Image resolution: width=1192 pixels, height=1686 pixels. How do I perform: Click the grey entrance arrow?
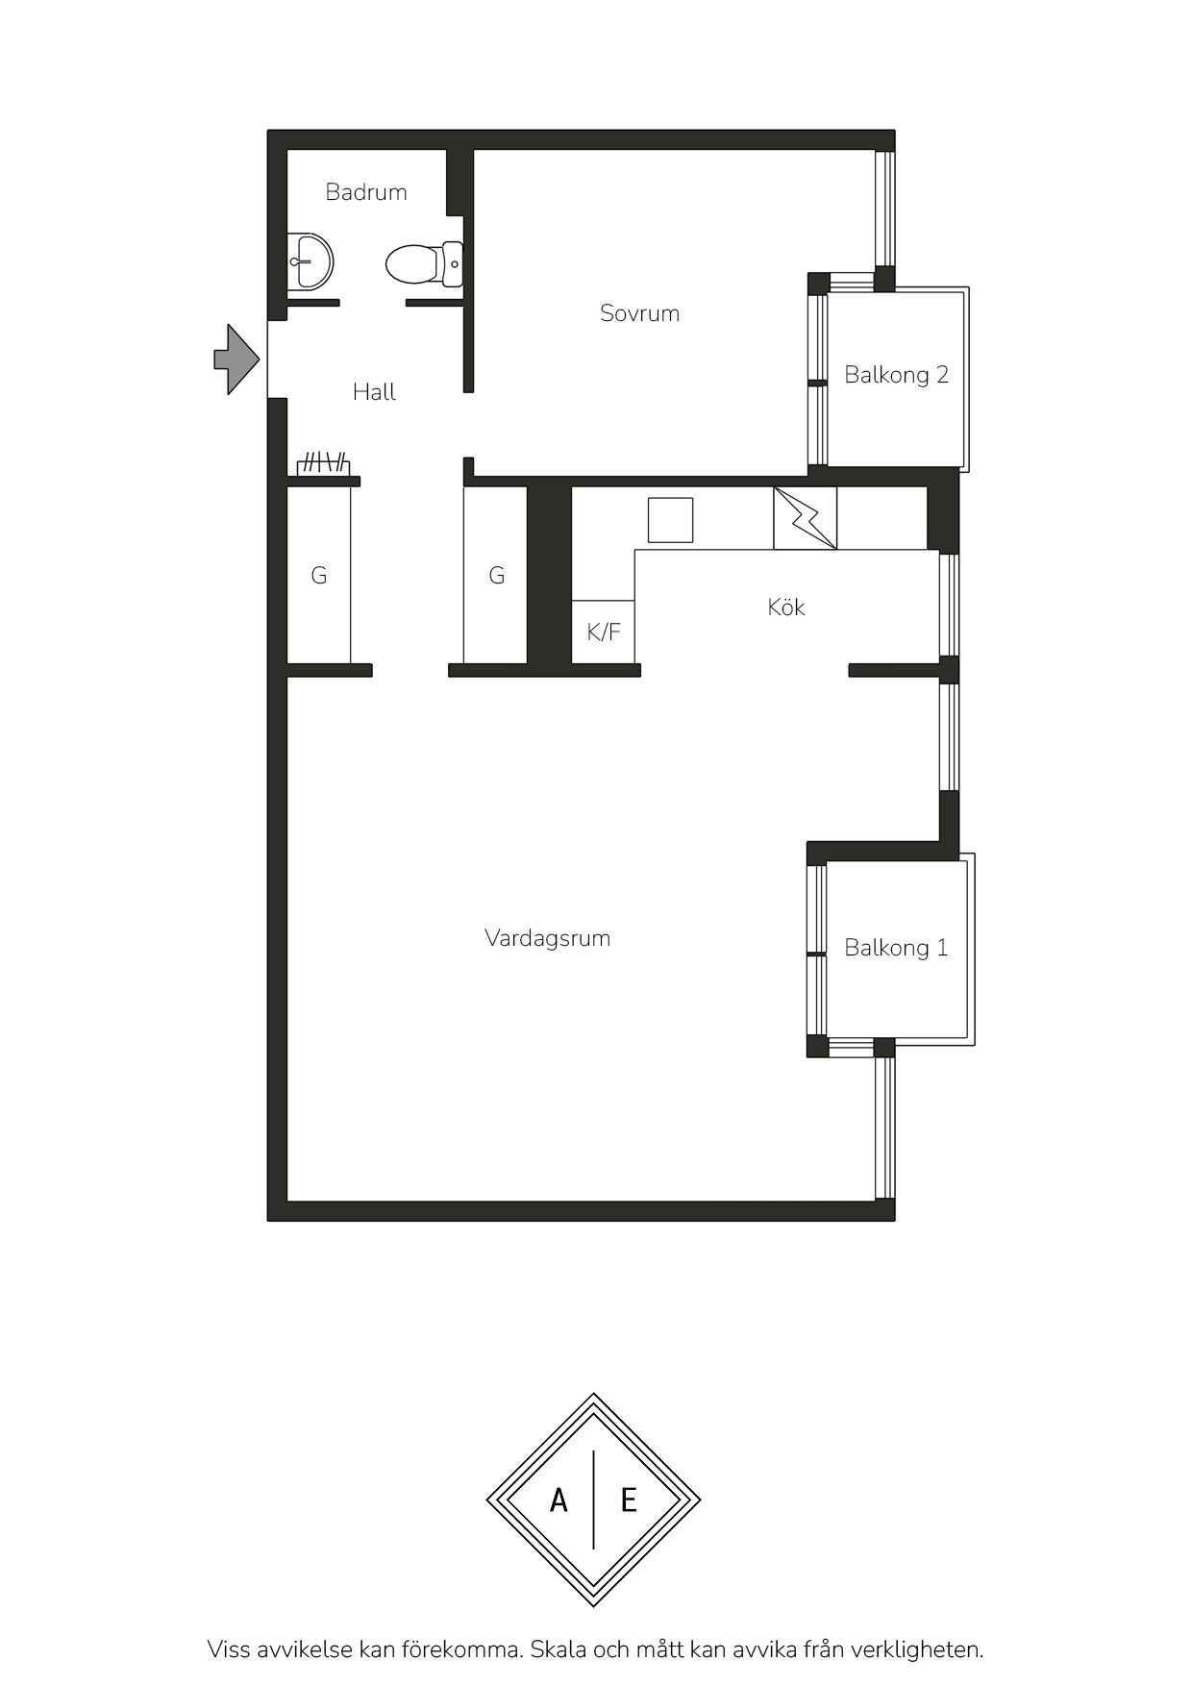pyautogui.click(x=236, y=360)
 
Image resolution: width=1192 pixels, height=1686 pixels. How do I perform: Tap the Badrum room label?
pyautogui.click(x=366, y=192)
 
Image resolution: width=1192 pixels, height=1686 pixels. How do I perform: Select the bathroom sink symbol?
pyautogui.click(x=310, y=261)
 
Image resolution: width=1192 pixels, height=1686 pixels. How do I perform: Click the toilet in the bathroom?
pyautogui.click(x=424, y=263)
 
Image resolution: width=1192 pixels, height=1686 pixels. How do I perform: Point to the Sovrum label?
pyautogui.click(x=639, y=313)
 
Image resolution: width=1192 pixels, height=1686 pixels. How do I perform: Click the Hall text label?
pyautogui.click(x=374, y=392)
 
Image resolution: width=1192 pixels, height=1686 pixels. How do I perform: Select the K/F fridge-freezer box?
pyautogui.click(x=604, y=632)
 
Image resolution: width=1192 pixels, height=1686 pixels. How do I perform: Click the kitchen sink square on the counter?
pyautogui.click(x=670, y=520)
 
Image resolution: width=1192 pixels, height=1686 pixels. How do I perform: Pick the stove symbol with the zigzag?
pyautogui.click(x=806, y=518)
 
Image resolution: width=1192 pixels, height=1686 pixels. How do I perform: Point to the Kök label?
pyautogui.click(x=786, y=607)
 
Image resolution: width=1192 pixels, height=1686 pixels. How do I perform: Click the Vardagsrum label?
pyautogui.click(x=548, y=938)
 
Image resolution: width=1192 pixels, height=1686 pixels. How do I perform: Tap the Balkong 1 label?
pyautogui.click(x=896, y=948)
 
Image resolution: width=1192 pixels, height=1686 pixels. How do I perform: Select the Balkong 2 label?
pyautogui.click(x=897, y=375)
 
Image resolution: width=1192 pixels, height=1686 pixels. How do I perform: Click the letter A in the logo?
pyautogui.click(x=559, y=1500)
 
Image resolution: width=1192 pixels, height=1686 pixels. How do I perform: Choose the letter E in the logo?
pyautogui.click(x=629, y=1500)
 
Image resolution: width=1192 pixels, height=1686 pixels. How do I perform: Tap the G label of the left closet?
pyautogui.click(x=319, y=576)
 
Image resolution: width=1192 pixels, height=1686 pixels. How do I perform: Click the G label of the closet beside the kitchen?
pyautogui.click(x=497, y=576)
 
